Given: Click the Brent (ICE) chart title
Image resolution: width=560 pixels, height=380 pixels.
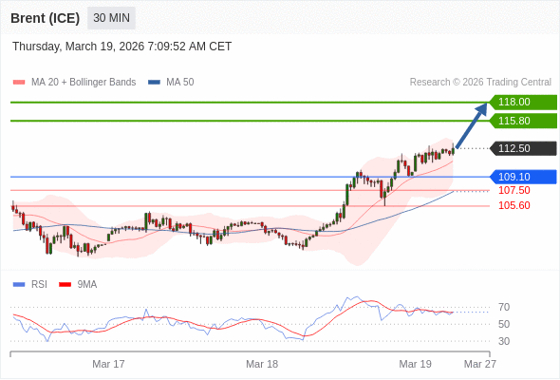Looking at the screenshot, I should click(46, 18).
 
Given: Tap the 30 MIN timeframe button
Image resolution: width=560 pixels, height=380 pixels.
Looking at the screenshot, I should click(112, 18).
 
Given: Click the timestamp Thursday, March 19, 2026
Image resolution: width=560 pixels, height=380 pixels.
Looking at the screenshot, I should click(121, 47).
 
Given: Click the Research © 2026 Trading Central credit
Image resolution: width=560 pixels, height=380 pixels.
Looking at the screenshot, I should click(480, 83).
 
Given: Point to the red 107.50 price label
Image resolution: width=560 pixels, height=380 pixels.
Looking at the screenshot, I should click(513, 190).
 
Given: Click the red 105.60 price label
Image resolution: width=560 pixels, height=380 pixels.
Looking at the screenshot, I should click(513, 205).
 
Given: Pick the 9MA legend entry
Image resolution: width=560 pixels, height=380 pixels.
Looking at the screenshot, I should click(86, 284).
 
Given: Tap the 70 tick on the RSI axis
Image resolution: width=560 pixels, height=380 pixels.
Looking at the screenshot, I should click(504, 307).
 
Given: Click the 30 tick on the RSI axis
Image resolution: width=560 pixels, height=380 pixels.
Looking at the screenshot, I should click(504, 341).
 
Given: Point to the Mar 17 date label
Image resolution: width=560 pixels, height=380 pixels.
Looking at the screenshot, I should click(108, 364).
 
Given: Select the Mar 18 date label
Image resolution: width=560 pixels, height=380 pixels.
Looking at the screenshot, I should click(262, 364).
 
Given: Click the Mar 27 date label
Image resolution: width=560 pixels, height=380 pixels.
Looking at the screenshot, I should click(479, 364).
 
